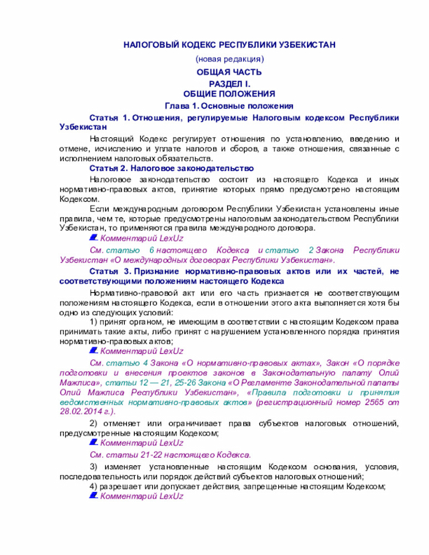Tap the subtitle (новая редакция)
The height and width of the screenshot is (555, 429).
tap(229, 60)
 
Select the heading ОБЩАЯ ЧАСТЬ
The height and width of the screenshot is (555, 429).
tap(229, 72)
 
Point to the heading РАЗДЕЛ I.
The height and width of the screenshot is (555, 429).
tap(229, 83)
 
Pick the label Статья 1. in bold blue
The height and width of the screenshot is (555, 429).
tap(109, 118)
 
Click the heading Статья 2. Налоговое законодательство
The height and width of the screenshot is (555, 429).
tap(171, 168)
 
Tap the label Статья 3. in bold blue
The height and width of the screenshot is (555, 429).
tap(109, 271)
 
